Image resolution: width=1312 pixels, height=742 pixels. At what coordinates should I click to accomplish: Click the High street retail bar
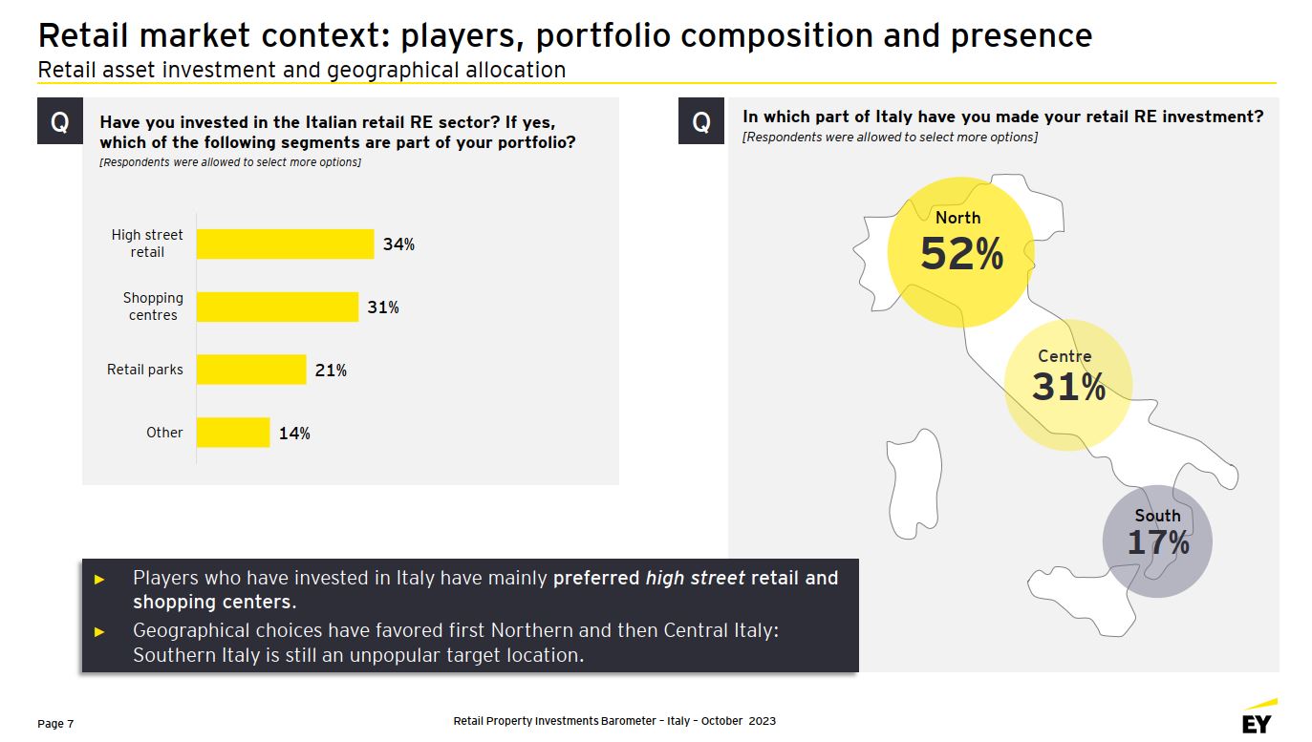click(x=285, y=244)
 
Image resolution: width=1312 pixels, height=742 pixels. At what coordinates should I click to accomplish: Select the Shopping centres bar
click(x=277, y=307)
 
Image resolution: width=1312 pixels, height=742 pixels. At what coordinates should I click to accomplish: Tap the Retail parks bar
click(x=251, y=370)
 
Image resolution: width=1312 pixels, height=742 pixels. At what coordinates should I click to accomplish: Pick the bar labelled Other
click(x=233, y=433)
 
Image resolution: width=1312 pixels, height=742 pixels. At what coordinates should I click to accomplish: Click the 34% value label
click(x=398, y=244)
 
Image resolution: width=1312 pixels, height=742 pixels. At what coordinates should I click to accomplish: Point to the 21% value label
click(x=331, y=371)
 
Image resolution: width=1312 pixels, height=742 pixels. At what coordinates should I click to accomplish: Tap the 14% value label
click(x=294, y=434)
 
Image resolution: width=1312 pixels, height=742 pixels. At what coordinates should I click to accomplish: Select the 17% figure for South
click(x=1158, y=543)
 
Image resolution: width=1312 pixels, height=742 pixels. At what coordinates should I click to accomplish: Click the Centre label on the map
click(x=1065, y=356)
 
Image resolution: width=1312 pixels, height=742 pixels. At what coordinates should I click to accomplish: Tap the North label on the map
click(x=957, y=218)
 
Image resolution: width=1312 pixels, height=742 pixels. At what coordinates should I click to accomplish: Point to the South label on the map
click(x=1157, y=516)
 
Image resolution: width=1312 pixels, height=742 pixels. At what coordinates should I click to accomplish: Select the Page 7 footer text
click(x=55, y=724)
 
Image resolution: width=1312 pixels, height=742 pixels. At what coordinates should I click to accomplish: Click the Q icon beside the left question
click(x=59, y=121)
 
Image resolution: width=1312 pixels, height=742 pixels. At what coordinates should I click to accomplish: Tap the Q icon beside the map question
click(x=701, y=121)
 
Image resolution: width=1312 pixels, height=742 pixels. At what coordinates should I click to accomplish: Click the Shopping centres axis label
click(x=153, y=307)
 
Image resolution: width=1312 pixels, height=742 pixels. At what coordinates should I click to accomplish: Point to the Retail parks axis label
click(x=145, y=370)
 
